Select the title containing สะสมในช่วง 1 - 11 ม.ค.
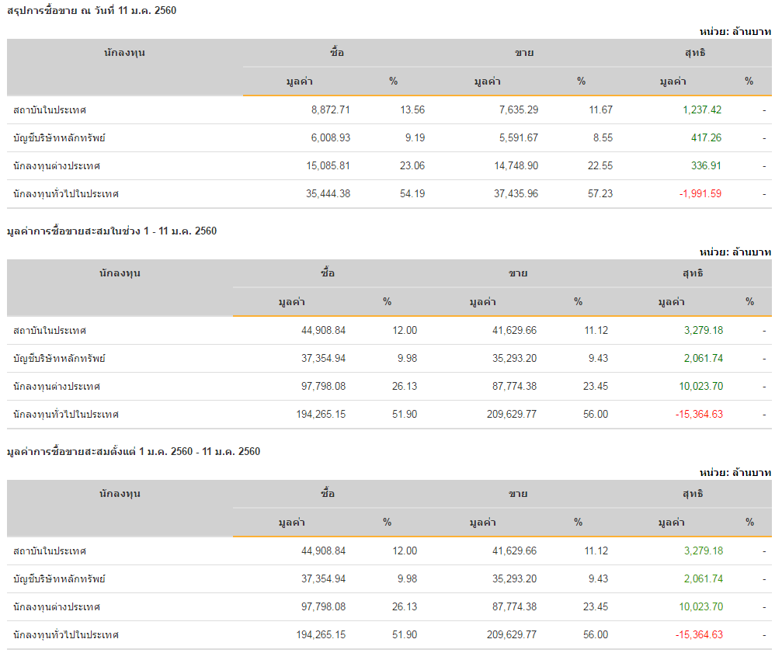[x=111, y=231]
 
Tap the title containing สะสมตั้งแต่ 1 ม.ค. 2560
[x=133, y=451]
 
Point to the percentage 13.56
[x=412, y=109]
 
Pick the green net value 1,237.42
[x=702, y=109]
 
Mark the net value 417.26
[x=706, y=137]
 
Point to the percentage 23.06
[x=412, y=165]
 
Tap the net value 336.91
[x=706, y=165]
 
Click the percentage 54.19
[x=412, y=193]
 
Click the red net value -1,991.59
[x=700, y=193]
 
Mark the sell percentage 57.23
[x=600, y=193]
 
